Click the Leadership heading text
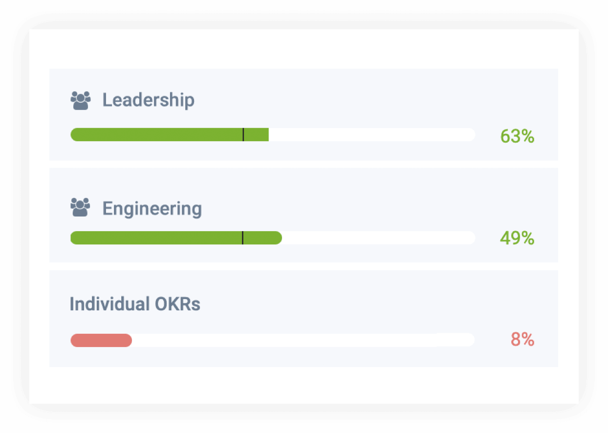click(x=148, y=100)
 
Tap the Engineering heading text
click(x=152, y=209)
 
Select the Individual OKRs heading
click(x=135, y=304)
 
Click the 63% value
click(x=517, y=136)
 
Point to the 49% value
click(x=517, y=238)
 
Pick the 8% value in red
click(x=522, y=339)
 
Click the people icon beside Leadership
click(x=81, y=100)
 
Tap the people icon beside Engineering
click(x=81, y=207)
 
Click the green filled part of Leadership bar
click(x=156, y=134)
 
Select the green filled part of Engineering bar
click(x=156, y=238)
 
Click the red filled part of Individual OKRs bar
click(x=101, y=340)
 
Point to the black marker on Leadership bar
click(x=243, y=134)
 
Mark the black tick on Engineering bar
click(x=242, y=238)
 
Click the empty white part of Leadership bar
click(x=371, y=134)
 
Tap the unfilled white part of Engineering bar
click(x=379, y=238)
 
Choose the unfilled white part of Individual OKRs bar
click(x=303, y=340)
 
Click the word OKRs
click(x=177, y=304)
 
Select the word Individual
click(x=109, y=304)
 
